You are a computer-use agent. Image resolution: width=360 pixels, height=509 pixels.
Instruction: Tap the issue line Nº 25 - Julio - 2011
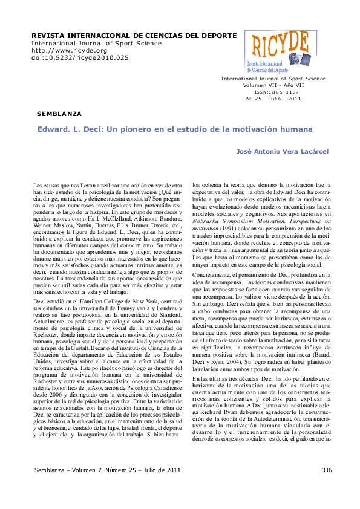273,99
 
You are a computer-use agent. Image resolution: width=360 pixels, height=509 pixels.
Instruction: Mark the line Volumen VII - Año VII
272,85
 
